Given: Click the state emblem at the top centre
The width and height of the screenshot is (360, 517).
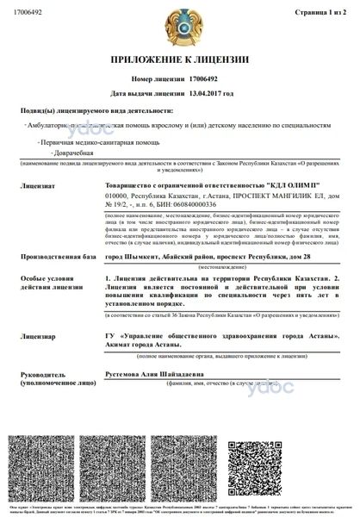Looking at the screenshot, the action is click(179, 28).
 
